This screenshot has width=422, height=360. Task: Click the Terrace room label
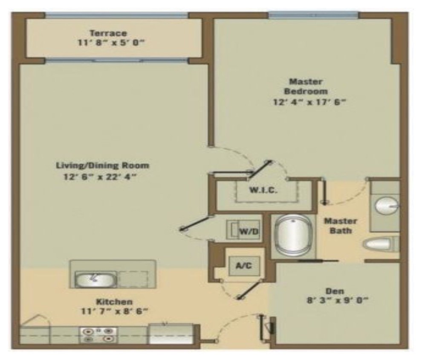point(108,33)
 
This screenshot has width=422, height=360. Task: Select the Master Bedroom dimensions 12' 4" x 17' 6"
point(308,102)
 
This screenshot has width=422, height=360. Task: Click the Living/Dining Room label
point(103,165)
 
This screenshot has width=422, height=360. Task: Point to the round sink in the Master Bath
point(386,206)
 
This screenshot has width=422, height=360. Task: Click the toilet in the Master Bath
point(379,244)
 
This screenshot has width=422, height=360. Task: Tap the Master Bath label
point(341,226)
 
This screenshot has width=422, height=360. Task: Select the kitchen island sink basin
point(94,279)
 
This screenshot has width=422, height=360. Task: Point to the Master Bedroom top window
point(313,15)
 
